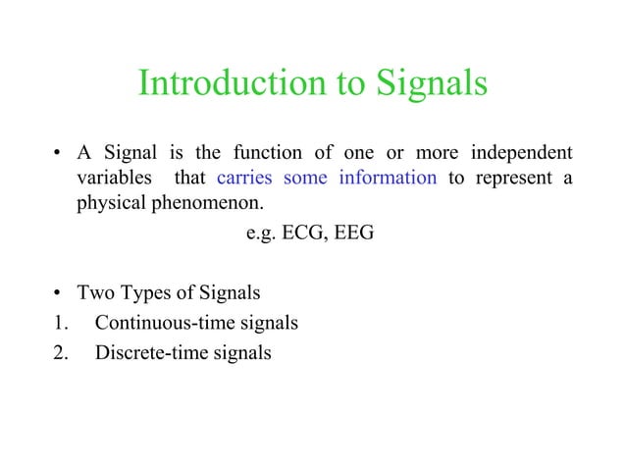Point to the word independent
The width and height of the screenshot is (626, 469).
click(x=522, y=155)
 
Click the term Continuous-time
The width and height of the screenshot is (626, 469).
click(x=164, y=323)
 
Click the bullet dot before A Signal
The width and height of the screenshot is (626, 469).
click(x=58, y=156)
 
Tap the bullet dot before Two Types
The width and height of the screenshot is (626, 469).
click(x=58, y=294)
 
